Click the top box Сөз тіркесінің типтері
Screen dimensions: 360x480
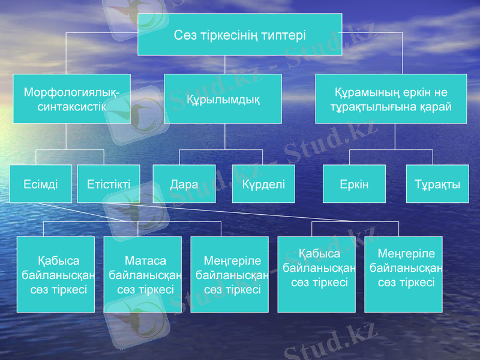click(240, 35)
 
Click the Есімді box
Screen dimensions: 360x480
click(40, 184)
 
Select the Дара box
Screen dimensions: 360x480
click(184, 184)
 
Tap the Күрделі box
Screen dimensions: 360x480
click(263, 184)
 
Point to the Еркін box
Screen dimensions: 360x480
click(354, 184)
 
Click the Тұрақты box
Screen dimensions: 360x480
click(437, 184)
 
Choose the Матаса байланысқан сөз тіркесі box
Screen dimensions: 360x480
click(142, 275)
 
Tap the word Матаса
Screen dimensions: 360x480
click(142, 261)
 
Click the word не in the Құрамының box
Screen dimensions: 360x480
click(441, 93)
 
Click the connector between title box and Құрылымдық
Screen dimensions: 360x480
click(224, 65)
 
